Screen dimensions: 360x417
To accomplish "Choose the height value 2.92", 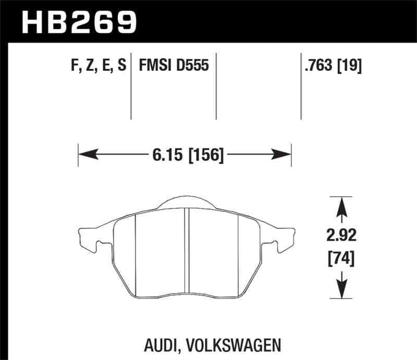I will pyautogui.click(x=342, y=237).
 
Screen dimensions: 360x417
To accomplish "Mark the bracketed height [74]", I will pyautogui.click(x=342, y=258).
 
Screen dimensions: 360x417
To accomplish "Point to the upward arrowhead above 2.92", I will pyautogui.click(x=342, y=206).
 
